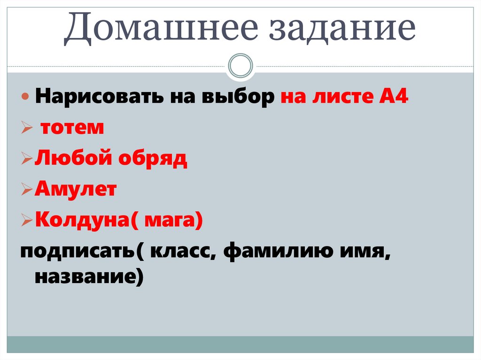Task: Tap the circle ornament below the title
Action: click(240, 65)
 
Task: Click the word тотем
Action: click(72, 128)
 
